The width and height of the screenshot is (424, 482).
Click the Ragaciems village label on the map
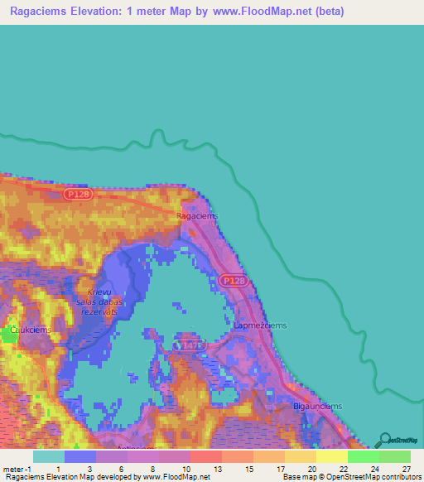point(197,215)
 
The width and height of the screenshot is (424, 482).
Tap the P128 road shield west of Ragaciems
point(76,193)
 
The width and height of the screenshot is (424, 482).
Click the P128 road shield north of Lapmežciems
point(234,282)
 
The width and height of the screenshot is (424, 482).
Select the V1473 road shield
point(186,343)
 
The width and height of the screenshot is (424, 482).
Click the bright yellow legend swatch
point(331,456)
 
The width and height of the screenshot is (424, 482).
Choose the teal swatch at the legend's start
point(49,456)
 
